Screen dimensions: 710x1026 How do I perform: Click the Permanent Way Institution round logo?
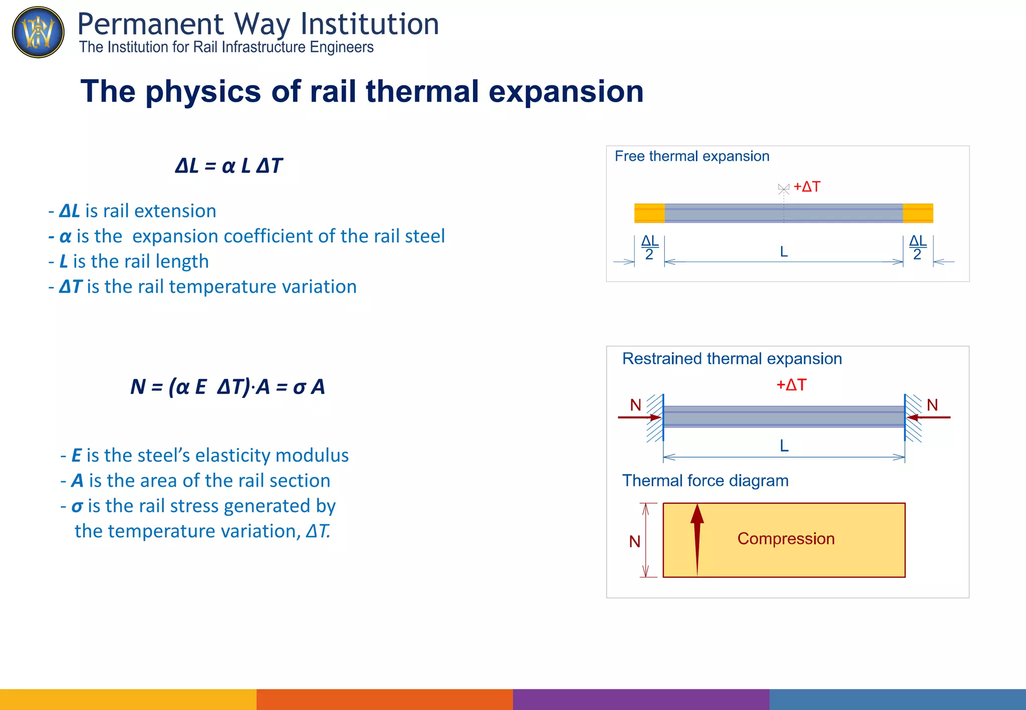point(38,32)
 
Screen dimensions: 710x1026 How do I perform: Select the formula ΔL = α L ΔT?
point(228,166)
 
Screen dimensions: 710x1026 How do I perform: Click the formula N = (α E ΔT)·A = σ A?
point(228,387)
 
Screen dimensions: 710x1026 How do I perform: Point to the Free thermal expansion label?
point(691,156)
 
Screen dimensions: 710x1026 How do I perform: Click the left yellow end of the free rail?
point(649,213)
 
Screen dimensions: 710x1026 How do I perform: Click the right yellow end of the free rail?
point(918,213)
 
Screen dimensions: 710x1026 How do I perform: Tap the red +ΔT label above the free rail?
point(807,187)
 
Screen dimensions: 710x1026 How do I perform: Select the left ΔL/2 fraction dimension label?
point(650,248)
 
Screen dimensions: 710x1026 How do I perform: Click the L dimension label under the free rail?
point(784,252)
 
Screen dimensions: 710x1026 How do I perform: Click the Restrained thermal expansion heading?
point(731,359)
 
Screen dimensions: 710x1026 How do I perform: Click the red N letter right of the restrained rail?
point(932,405)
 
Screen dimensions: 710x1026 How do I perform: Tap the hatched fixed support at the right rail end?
point(913,418)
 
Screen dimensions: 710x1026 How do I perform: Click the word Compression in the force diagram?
point(786,539)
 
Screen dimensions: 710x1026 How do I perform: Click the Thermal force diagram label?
point(705,481)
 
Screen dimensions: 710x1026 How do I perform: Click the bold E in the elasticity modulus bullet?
point(76,456)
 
